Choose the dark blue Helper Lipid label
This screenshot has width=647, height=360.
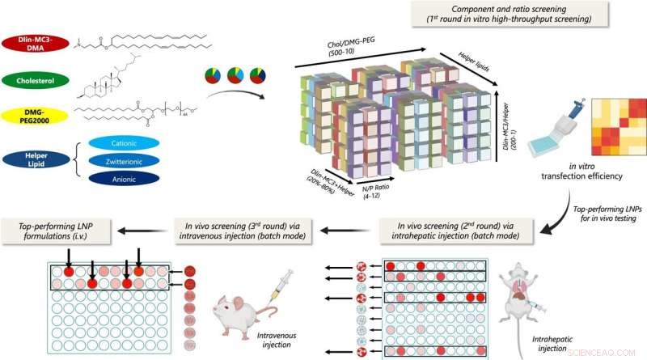click(36, 159)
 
